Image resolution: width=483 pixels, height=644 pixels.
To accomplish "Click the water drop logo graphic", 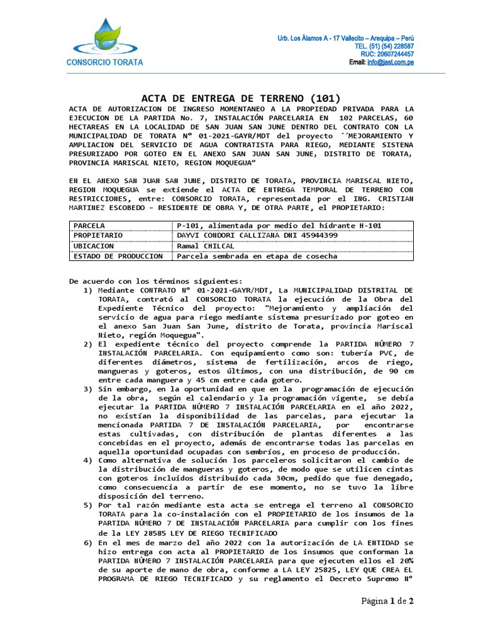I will tap(104, 36).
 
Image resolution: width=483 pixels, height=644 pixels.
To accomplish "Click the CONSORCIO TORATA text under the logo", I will tap(105, 62).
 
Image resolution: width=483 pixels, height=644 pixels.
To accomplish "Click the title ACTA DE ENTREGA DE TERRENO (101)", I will tap(240, 98).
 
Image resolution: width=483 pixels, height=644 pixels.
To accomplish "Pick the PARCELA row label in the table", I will tap(89, 225).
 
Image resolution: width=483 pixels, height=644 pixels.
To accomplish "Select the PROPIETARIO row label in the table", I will tap(98, 235).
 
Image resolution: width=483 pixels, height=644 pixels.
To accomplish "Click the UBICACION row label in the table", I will tap(94, 246).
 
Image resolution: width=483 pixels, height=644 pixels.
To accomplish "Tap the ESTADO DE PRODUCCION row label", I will tap(118, 256).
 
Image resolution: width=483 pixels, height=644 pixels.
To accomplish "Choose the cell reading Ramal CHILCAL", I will tap(206, 246).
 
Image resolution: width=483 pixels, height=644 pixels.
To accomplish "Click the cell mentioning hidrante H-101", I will tap(279, 225).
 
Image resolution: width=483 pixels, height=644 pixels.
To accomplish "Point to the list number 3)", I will tap(87, 389).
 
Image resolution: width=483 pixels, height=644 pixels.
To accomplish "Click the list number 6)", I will tap(87, 541).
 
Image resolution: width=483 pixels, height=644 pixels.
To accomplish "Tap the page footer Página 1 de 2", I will tap(387, 601).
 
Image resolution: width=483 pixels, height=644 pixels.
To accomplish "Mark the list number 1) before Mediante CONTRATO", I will tap(87, 290).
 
